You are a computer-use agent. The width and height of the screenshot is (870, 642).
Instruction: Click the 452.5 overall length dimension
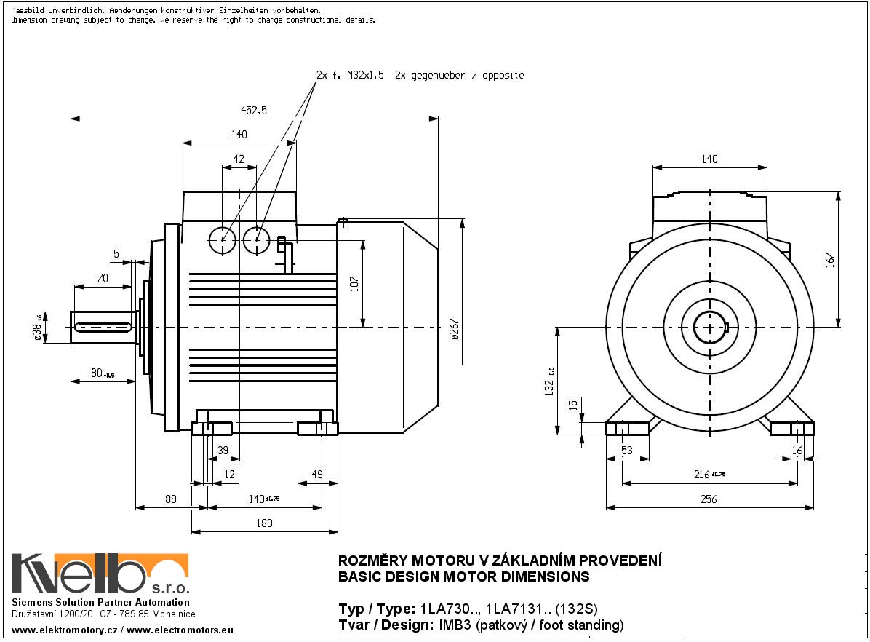(x=254, y=111)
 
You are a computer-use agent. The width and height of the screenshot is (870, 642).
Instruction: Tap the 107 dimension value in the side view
(x=354, y=282)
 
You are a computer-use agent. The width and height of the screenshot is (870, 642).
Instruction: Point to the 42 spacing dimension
(x=239, y=159)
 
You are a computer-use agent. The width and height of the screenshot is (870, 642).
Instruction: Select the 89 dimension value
(x=171, y=500)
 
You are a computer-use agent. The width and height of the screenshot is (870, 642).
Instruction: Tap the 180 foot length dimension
(x=264, y=523)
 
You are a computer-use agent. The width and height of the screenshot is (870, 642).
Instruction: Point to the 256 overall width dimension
(x=708, y=499)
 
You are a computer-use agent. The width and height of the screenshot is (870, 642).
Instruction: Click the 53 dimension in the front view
(x=627, y=451)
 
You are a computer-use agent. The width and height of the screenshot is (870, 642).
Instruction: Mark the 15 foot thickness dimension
(x=573, y=405)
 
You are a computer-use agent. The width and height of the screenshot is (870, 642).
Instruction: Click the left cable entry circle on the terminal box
(x=221, y=240)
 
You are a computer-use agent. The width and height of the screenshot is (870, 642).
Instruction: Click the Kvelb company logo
(x=100, y=574)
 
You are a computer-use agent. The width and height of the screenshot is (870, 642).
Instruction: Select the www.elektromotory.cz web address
(x=63, y=628)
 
